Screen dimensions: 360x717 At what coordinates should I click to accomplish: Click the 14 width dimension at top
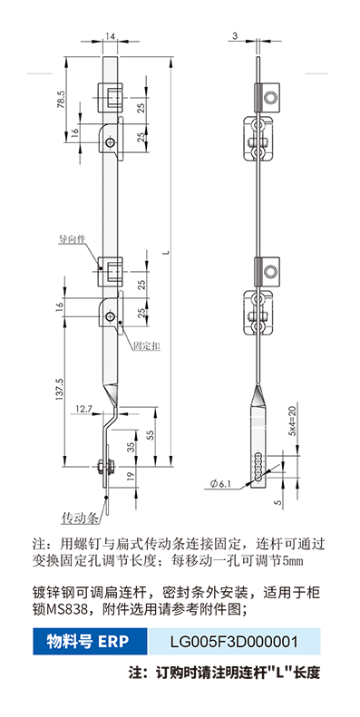point(110,35)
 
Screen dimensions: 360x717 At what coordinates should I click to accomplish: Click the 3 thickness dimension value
point(235,35)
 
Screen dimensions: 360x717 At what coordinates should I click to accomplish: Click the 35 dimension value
point(131,447)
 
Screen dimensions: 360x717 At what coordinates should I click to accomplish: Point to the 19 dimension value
point(131,476)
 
